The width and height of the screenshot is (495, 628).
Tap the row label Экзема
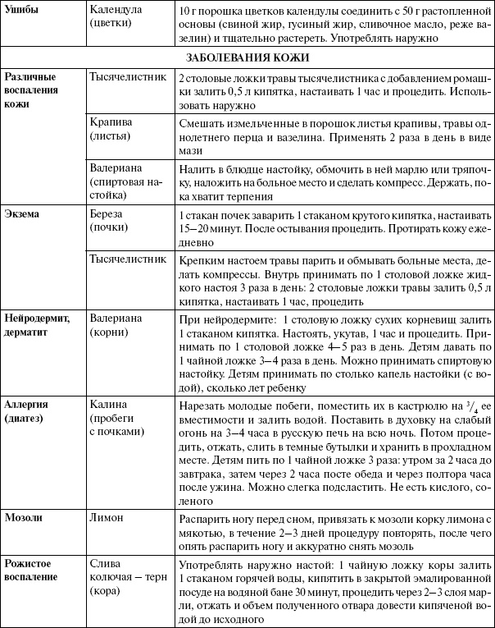pyautogui.click(x=24, y=213)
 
